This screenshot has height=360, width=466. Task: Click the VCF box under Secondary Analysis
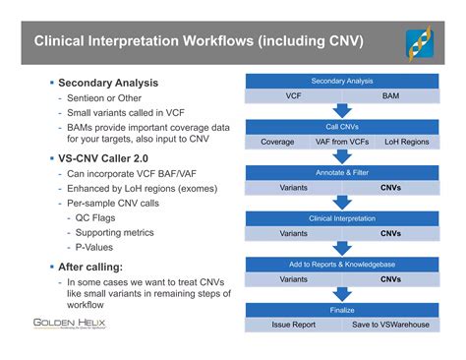[x=293, y=96]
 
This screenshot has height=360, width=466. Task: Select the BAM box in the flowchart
[x=390, y=96]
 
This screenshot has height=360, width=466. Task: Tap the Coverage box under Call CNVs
[x=277, y=142]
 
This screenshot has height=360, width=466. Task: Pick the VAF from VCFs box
[x=340, y=142]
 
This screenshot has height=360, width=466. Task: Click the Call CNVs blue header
[x=342, y=127]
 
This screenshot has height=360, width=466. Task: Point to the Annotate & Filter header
[x=342, y=172]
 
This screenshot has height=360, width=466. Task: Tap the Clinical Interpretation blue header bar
[x=342, y=218]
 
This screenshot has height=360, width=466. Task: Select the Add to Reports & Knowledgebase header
[x=342, y=264]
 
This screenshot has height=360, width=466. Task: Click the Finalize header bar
[x=342, y=309]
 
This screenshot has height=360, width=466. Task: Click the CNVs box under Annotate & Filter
[x=390, y=187]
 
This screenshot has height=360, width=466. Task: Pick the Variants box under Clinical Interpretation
[x=293, y=233]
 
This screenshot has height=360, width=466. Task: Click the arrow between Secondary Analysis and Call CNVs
[x=342, y=111]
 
